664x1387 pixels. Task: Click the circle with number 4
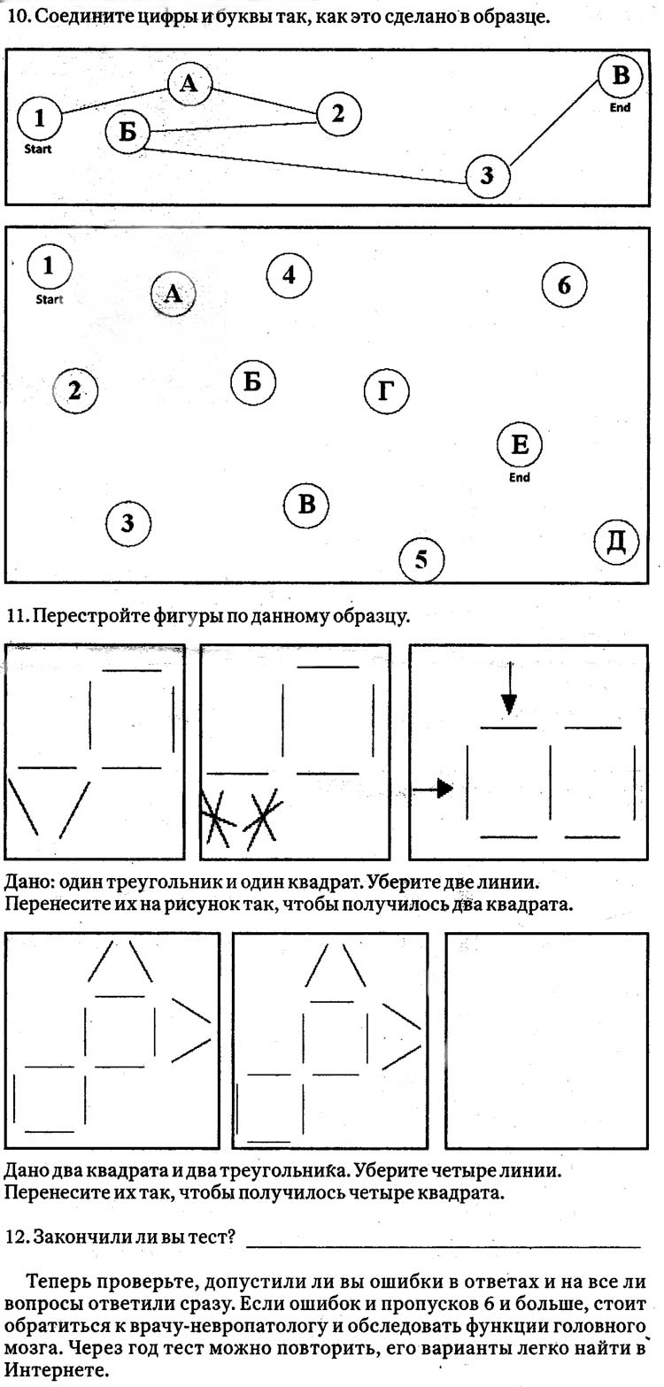[289, 275]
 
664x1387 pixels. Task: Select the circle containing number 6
[565, 285]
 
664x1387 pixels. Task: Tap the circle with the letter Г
[386, 390]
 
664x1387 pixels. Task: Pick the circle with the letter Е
[520, 444]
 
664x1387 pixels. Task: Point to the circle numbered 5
[421, 559]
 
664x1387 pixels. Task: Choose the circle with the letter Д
[615, 542]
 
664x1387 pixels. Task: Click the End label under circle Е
[520, 478]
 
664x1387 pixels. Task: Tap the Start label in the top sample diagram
[38, 150]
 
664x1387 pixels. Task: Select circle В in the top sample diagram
[621, 76]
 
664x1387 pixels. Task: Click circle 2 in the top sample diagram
[337, 113]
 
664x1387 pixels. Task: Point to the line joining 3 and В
[554, 124]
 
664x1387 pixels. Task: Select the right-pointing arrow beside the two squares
[433, 787]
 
